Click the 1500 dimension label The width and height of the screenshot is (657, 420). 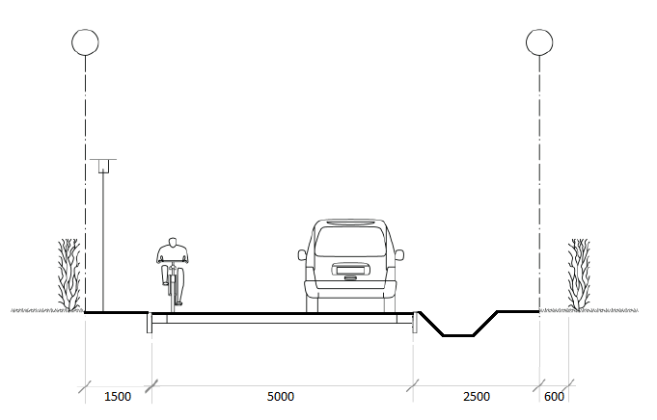click(118, 396)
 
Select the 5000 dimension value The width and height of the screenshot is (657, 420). click(281, 396)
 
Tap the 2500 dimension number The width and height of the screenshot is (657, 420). click(477, 396)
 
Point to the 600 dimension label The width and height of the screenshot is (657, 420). click(554, 396)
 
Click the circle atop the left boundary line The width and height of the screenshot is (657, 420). click(85, 42)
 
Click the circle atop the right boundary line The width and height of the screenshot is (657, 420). click(539, 42)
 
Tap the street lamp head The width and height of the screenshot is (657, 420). click(103, 166)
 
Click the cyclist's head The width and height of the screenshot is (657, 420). click(173, 242)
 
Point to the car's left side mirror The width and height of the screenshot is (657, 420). click(302, 255)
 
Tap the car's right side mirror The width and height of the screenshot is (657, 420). click(399, 254)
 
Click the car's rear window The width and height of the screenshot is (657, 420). click(350, 242)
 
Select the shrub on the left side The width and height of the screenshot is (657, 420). click(69, 275)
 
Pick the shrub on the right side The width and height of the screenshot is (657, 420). click(579, 275)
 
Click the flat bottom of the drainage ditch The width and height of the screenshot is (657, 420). click(458, 335)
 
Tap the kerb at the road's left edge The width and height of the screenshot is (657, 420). click(150, 323)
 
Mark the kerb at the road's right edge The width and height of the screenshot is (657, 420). click(415, 322)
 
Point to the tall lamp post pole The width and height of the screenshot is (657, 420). click(103, 242)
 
